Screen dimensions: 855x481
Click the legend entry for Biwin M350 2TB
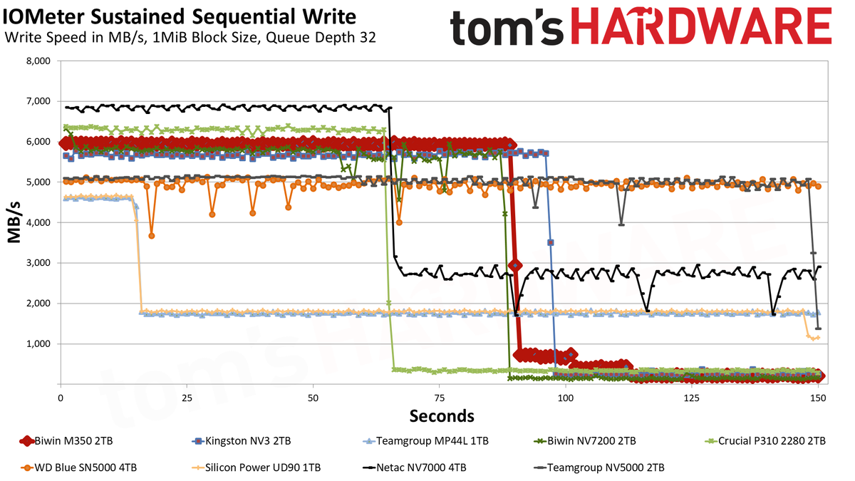tap(66, 441)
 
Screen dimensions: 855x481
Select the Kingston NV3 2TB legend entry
tap(242, 441)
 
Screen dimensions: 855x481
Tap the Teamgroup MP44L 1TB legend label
tap(425, 441)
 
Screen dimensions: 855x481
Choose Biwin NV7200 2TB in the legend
tap(585, 441)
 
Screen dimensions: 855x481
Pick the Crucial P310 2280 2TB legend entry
tap(765, 441)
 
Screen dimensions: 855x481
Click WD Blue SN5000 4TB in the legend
tap(78, 467)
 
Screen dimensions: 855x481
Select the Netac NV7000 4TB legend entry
tap(415, 467)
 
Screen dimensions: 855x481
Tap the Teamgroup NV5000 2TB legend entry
tap(599, 467)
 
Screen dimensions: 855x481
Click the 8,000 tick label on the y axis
tap(38, 61)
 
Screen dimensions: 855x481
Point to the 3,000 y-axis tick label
tap(38, 263)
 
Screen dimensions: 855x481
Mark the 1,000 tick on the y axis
tap(38, 344)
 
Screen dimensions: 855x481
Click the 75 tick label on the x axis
tap(440, 398)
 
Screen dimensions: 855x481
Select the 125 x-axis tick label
tap(692, 398)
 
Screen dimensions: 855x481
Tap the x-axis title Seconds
tap(442, 416)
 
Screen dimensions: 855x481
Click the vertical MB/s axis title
tap(14, 222)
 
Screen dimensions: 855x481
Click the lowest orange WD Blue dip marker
tap(152, 236)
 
